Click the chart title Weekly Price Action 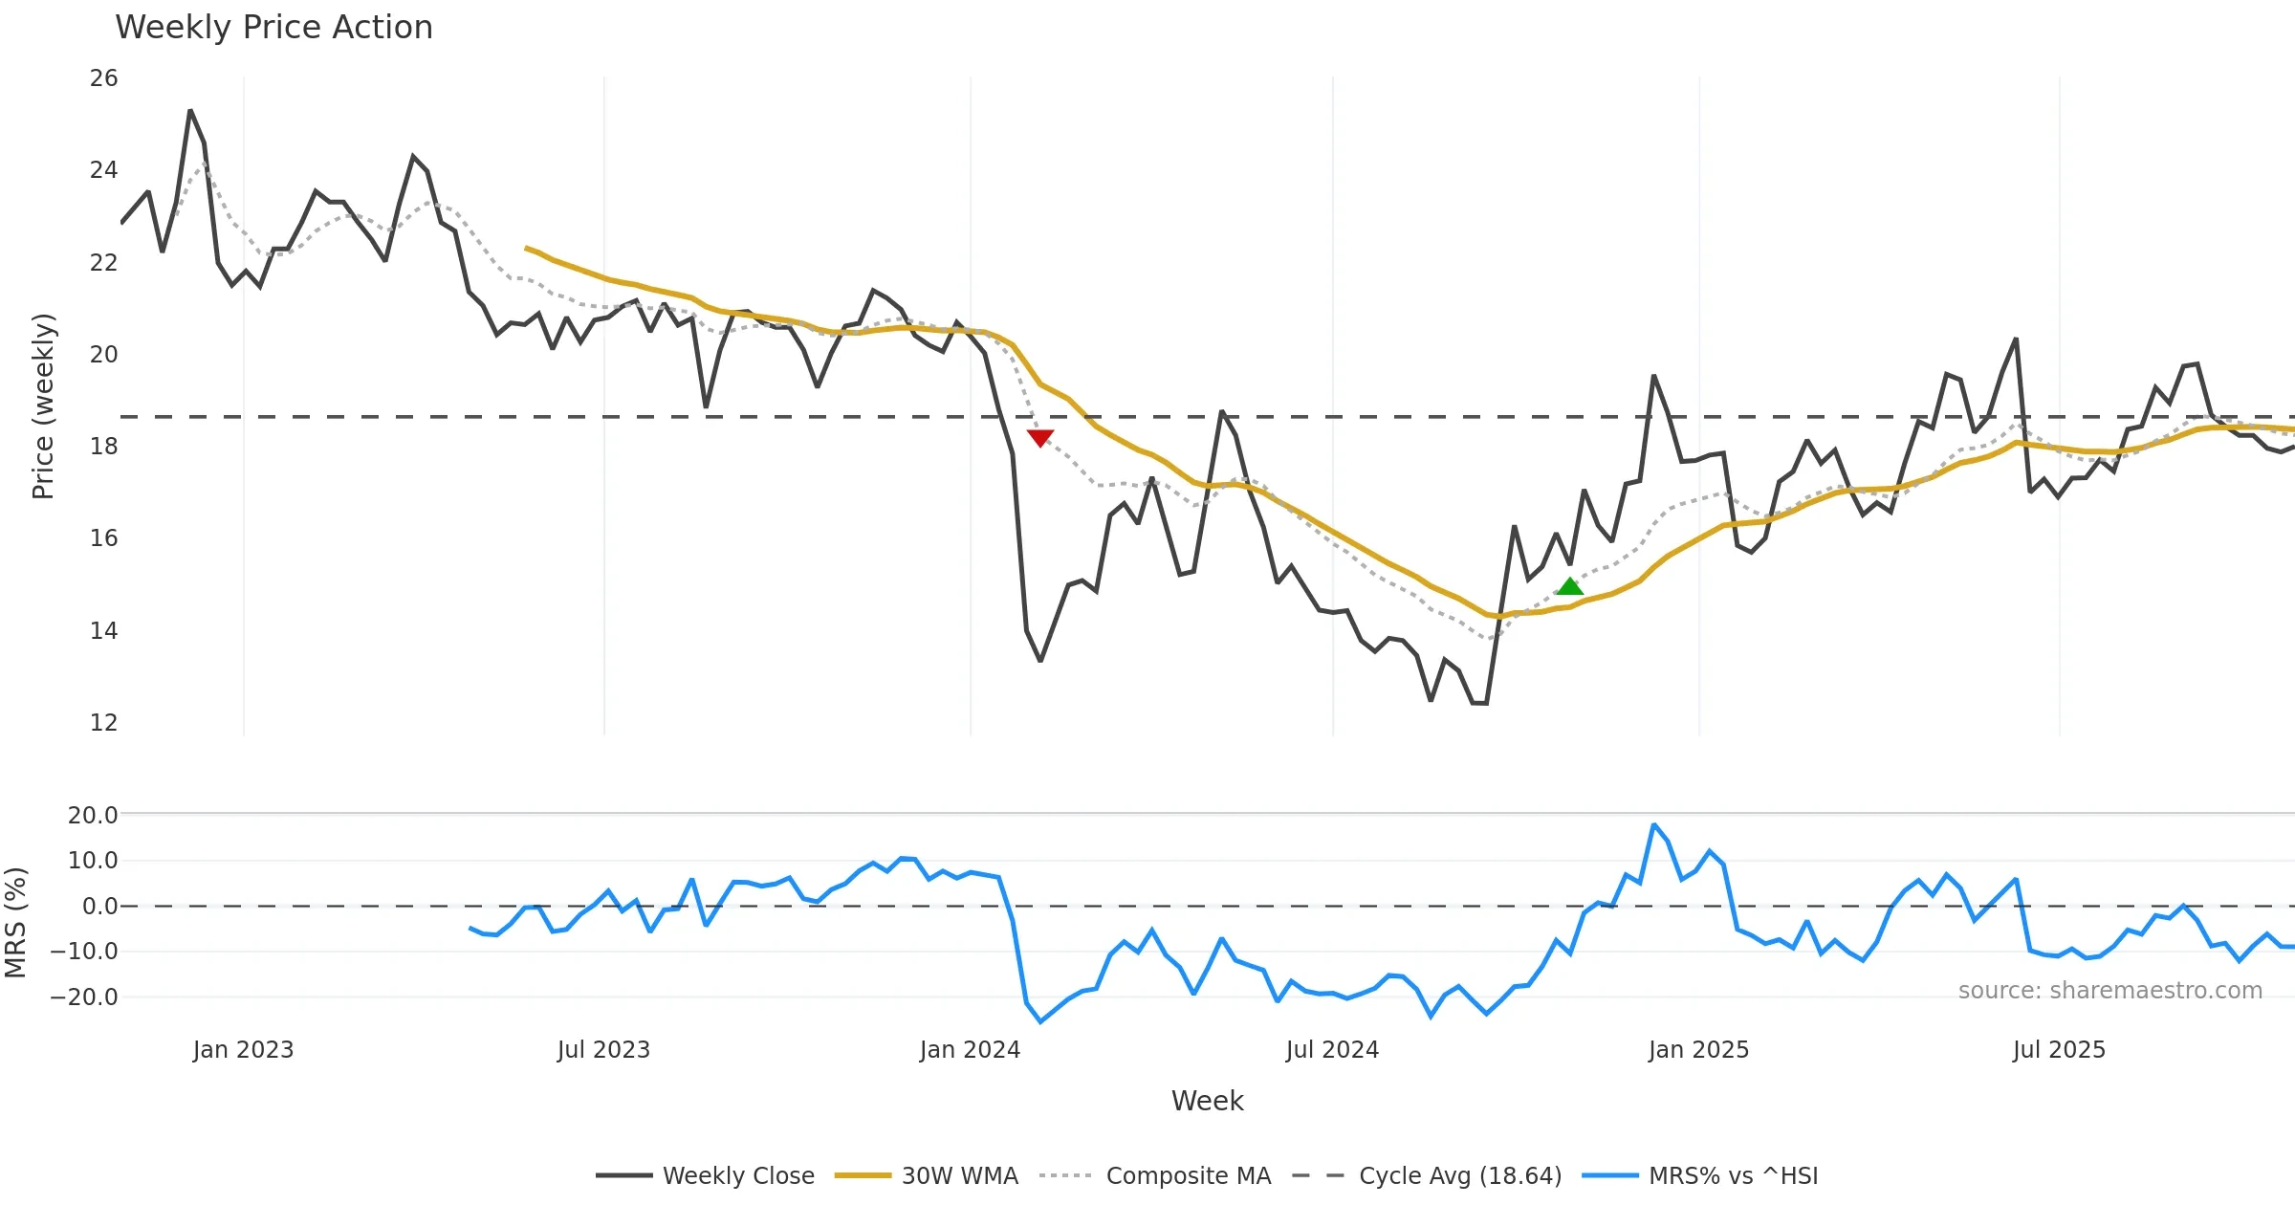[273, 28]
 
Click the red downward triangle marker [1040, 438]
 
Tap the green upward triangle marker [1569, 585]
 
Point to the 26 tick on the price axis [103, 78]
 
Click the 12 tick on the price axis [103, 723]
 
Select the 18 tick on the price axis [103, 447]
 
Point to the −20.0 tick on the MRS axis [92, 997]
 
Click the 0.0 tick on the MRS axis [99, 907]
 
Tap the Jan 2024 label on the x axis [970, 1050]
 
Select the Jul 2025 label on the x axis [2059, 1050]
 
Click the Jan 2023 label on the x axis [243, 1050]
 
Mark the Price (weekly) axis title [44, 406]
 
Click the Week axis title [1207, 1102]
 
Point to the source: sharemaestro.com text [2109, 991]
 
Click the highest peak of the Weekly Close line [190, 111]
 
